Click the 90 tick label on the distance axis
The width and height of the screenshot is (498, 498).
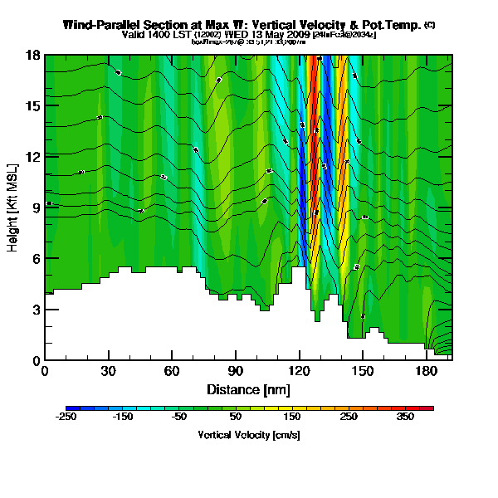click(235, 372)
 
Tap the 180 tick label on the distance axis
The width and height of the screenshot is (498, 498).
click(425, 372)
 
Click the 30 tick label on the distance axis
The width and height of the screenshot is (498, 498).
click(108, 372)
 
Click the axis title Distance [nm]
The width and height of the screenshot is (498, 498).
click(248, 389)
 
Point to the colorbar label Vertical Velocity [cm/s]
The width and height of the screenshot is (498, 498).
click(249, 435)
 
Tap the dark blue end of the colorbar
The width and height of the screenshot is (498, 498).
click(70, 408)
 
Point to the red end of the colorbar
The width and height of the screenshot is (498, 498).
click(428, 408)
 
